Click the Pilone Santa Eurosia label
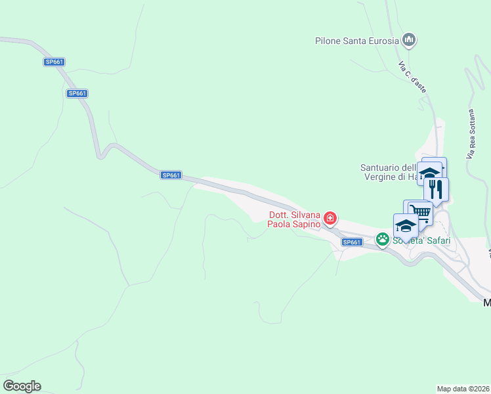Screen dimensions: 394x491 point(356,41)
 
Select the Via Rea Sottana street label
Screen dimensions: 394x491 point(470,133)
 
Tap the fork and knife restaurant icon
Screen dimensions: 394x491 point(436,189)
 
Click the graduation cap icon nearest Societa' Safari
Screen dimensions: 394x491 point(406,226)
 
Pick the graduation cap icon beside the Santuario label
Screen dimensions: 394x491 point(429,173)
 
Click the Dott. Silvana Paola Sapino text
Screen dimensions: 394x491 point(294,219)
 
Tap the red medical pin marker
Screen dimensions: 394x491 point(330,218)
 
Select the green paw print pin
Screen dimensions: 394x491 point(382,240)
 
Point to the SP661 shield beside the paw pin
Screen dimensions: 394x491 point(352,242)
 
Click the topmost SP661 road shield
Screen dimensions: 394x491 point(54,62)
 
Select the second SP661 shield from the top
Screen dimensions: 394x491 point(77,93)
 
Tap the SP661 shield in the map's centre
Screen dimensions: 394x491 point(171,175)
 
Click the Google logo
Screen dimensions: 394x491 point(22,386)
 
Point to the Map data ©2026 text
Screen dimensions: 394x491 point(463,388)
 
